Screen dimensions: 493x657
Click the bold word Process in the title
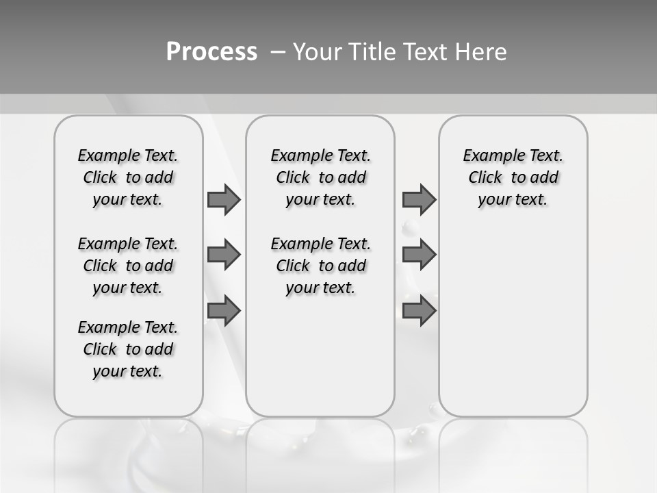coord(211,51)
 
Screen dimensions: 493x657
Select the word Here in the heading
coord(481,51)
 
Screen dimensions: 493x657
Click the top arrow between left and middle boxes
coord(224,199)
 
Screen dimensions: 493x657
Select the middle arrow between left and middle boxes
coord(224,255)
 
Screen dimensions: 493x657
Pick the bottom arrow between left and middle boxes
coord(224,311)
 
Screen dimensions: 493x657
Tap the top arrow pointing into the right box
coord(419,199)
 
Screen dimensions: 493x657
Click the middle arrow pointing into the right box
coord(419,255)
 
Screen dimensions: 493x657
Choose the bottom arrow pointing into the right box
coord(419,311)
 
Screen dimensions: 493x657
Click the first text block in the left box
coord(128,177)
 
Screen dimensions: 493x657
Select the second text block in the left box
coord(128,266)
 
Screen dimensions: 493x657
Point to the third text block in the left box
coord(128,349)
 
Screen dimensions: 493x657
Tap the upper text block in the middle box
coord(320,177)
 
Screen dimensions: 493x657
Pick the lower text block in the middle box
coord(320,266)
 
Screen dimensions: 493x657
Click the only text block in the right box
coord(513,177)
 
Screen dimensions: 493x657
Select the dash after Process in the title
coord(278,51)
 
